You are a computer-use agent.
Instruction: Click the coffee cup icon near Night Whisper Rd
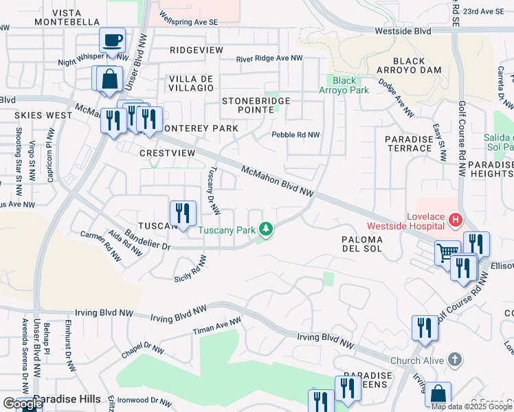click(112, 40)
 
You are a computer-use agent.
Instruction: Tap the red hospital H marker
click(454, 220)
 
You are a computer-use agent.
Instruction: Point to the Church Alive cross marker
click(454, 360)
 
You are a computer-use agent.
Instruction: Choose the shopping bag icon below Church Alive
click(438, 395)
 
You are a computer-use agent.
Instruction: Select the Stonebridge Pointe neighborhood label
click(256, 105)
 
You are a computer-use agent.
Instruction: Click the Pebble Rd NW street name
click(295, 135)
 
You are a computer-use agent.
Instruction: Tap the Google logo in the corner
click(22, 404)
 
